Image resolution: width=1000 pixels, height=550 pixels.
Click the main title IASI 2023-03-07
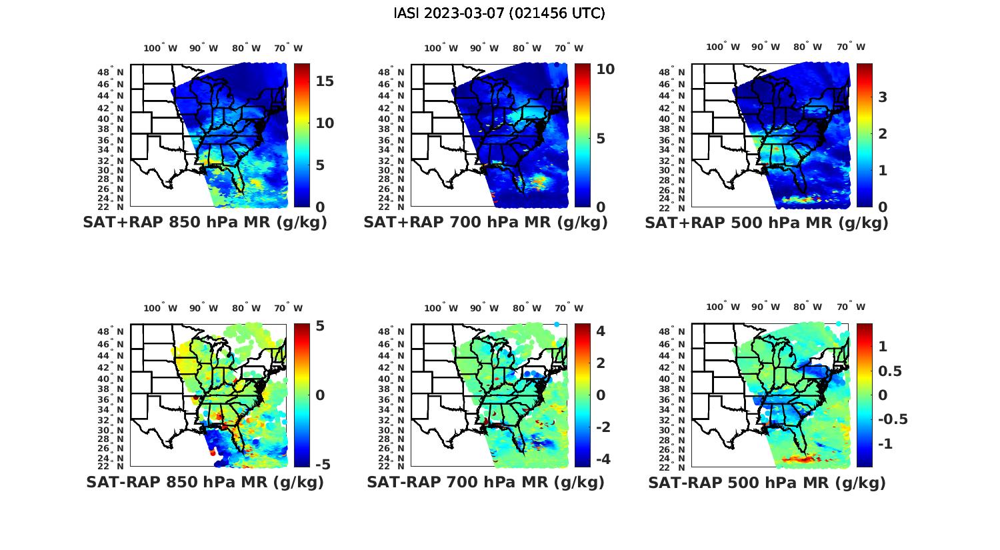point(499,13)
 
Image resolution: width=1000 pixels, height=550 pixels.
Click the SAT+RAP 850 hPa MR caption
point(205,223)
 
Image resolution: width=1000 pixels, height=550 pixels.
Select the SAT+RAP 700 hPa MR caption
point(485,223)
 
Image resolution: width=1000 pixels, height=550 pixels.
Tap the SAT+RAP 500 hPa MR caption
point(767,223)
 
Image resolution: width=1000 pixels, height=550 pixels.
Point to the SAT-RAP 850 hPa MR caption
point(205,482)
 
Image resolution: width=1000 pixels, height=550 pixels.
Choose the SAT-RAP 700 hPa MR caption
point(485,482)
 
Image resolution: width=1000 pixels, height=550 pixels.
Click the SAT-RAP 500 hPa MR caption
point(767,482)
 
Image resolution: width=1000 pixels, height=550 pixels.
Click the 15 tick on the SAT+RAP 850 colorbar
point(325,81)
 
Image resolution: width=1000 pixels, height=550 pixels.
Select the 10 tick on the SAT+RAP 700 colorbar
point(605,69)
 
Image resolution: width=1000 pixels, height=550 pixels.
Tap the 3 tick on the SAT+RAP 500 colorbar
point(883,97)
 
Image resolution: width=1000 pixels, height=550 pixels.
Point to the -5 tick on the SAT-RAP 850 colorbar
point(322,464)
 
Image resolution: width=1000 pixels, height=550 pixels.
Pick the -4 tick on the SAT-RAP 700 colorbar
point(603,459)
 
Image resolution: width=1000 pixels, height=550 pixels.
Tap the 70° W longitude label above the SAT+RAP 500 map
point(851,47)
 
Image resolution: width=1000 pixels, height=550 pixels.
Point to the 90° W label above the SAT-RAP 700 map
point(484,308)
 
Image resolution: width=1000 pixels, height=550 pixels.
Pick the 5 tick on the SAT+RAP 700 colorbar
point(601,139)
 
